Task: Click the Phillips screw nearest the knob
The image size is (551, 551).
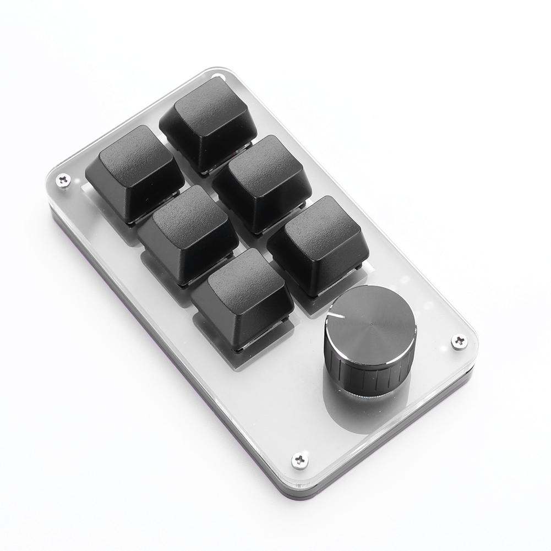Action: click(459, 341)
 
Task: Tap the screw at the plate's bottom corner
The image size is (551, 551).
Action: click(300, 459)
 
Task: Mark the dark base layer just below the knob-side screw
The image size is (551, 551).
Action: click(466, 374)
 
